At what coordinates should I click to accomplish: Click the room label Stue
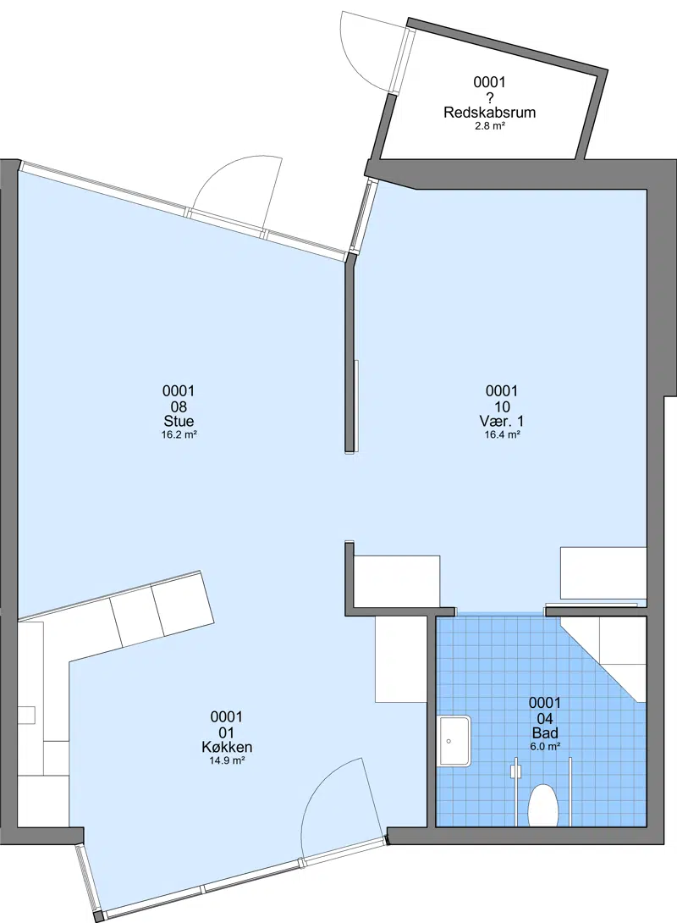(179, 421)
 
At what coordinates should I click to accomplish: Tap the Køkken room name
(227, 747)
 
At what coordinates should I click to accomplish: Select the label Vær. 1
(502, 421)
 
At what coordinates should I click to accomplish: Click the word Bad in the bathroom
(545, 732)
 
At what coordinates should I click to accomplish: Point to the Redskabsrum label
(490, 113)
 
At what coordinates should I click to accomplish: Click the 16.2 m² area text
(179, 435)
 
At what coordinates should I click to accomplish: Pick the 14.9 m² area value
(227, 760)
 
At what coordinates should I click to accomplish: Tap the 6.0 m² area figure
(545, 746)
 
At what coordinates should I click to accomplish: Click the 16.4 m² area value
(502, 435)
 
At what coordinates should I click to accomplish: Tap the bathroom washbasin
(454, 741)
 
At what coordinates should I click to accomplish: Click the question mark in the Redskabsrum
(490, 97)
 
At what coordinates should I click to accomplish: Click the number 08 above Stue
(179, 406)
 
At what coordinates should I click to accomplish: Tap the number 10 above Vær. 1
(502, 406)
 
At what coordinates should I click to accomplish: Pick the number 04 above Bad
(545, 718)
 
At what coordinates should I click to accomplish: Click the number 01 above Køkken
(227, 732)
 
